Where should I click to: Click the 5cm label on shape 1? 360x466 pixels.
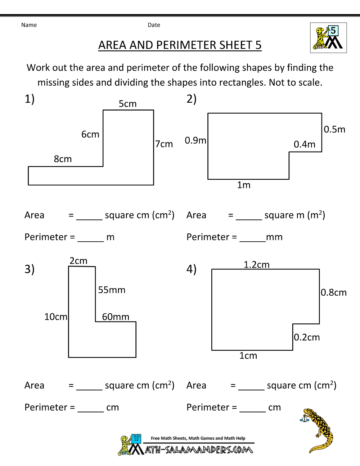[127, 104]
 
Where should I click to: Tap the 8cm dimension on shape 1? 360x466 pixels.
[63, 159]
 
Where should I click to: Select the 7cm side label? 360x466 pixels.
[164, 144]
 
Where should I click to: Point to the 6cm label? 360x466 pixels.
[90, 134]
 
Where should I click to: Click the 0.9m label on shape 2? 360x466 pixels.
[195, 140]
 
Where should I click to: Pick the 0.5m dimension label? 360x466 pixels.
[334, 129]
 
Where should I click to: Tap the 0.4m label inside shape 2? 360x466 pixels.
[304, 144]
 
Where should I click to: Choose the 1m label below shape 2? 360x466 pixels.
[244, 185]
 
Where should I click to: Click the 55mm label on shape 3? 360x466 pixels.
[112, 290]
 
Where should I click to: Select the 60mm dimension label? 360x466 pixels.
[116, 317]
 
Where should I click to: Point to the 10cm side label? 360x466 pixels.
[55, 317]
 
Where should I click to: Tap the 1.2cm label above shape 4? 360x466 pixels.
[256, 265]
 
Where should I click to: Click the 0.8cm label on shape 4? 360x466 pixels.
[333, 292]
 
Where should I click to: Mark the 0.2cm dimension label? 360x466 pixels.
[307, 337]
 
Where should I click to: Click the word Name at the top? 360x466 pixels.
[29, 25]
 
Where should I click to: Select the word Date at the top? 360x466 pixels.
[154, 25]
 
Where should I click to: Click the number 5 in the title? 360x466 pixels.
[258, 45]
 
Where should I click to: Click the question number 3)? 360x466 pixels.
[30, 269]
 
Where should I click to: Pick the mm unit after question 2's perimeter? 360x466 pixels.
[274, 237]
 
